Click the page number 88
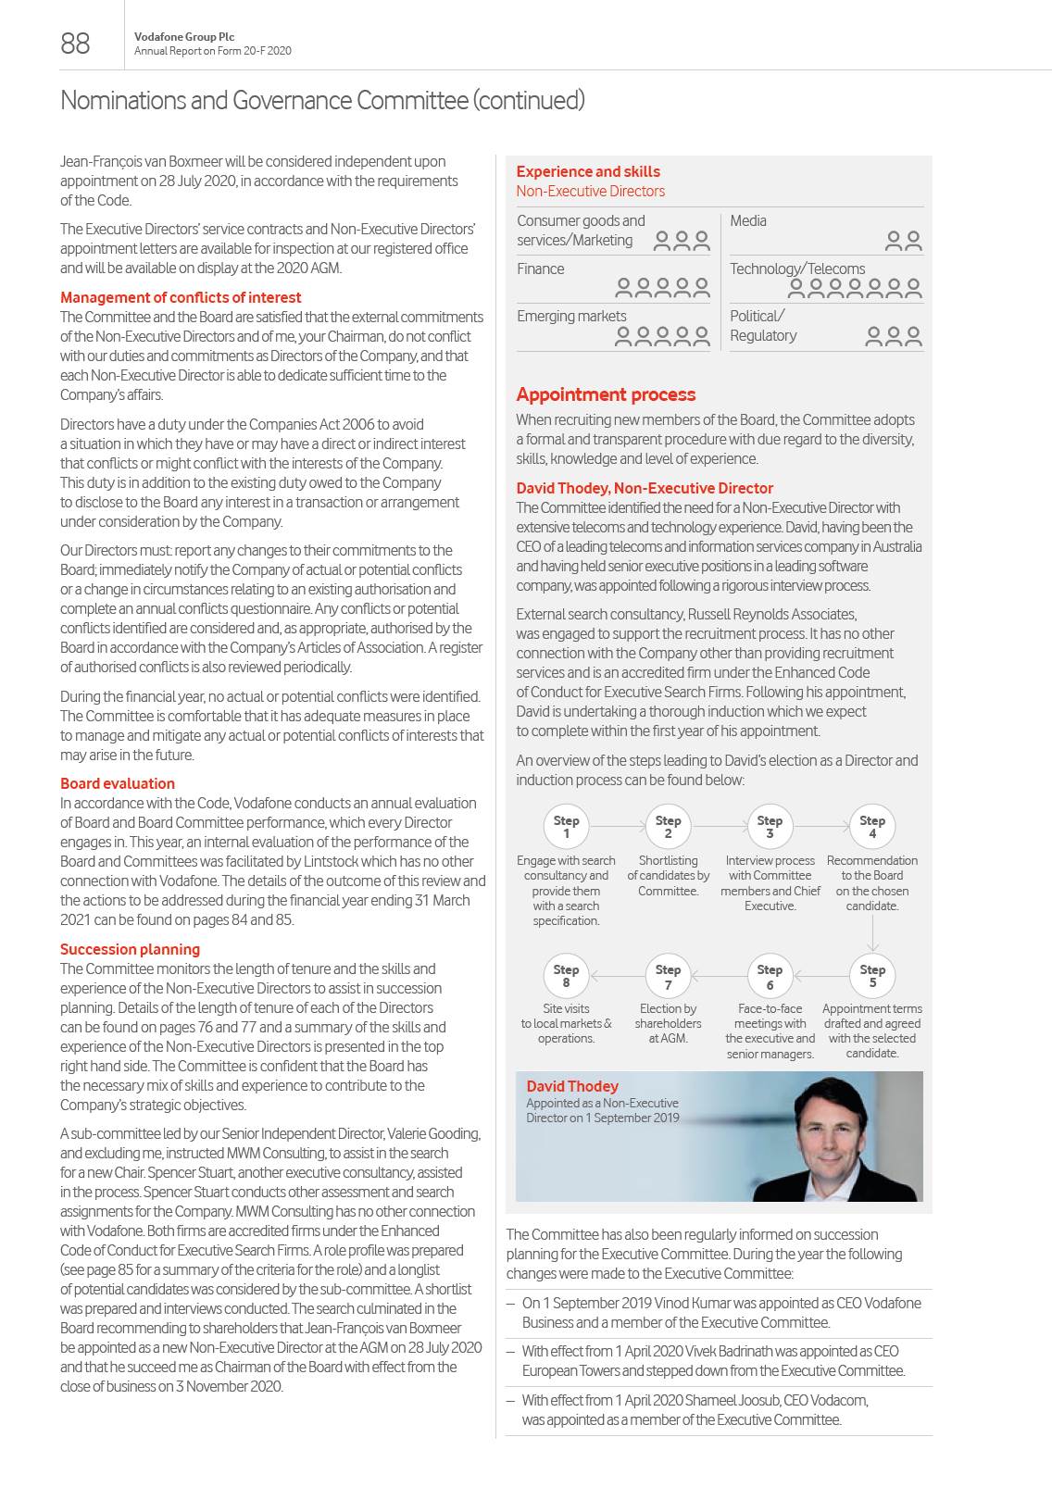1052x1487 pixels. [75, 44]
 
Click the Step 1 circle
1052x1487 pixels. [566, 827]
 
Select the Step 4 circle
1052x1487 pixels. [872, 827]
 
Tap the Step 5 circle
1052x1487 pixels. [872, 976]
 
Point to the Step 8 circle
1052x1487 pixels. [566, 976]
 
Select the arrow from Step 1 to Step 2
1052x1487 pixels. [617, 826]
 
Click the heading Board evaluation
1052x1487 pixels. [118, 783]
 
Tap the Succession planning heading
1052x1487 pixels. [130, 949]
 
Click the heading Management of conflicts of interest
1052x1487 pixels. [181, 297]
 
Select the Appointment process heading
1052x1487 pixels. [606, 394]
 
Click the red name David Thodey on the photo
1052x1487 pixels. [572, 1086]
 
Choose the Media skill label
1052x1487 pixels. [748, 220]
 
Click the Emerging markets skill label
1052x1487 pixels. [571, 316]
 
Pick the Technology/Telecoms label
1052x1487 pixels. [797, 269]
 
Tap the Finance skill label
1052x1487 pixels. [541, 269]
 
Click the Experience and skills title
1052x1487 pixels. [588, 171]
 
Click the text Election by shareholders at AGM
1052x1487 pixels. [668, 1023]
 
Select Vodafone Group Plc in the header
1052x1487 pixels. [184, 37]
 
